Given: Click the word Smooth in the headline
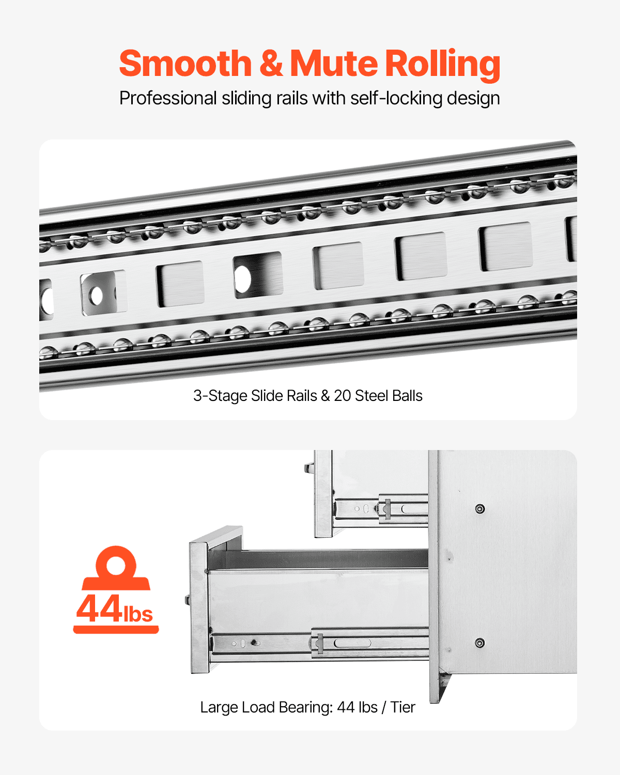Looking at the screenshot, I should [185, 64].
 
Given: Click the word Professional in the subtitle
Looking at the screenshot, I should [168, 98].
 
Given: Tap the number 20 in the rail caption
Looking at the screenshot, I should [343, 396].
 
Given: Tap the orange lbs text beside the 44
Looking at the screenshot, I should [138, 614].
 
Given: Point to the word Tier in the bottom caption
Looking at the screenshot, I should [402, 707].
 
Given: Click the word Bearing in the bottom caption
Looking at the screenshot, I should [305, 707].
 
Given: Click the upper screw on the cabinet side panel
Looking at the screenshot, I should [480, 509].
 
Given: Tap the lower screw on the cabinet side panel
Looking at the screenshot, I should [480, 643].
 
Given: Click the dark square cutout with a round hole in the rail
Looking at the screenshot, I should [257, 275].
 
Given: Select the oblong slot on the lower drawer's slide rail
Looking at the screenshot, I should [352, 643].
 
